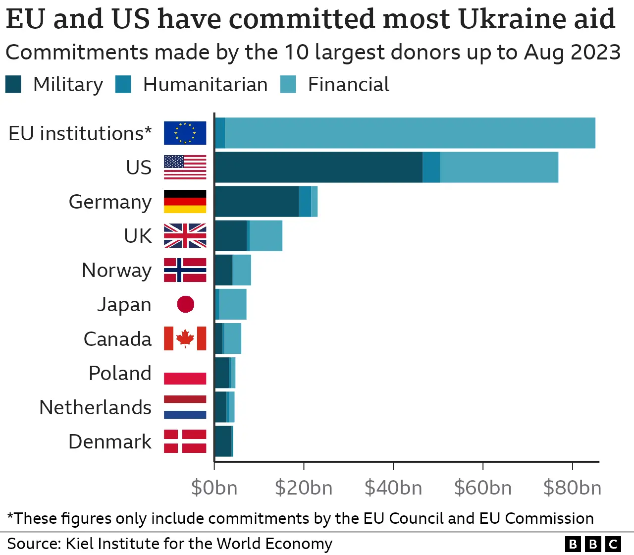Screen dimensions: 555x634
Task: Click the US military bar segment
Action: click(318, 167)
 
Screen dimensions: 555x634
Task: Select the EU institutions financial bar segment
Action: click(410, 133)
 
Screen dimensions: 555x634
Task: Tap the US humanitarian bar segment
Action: click(431, 167)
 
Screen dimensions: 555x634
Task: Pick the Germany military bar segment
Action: click(257, 201)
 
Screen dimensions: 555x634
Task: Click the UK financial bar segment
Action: click(266, 235)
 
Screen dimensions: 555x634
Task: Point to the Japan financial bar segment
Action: click(232, 304)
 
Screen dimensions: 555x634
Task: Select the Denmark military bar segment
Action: click(223, 441)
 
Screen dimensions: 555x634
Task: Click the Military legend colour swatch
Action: click(13, 84)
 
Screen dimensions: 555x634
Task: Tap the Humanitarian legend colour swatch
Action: click(123, 84)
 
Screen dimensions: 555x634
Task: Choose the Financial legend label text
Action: click(348, 85)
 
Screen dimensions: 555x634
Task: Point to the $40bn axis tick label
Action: click(393, 488)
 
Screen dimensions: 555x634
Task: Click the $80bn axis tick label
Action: click(572, 488)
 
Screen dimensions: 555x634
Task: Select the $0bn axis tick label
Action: click(214, 488)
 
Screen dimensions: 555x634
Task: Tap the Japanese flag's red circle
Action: click(185, 304)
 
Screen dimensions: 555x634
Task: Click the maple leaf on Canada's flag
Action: click(185, 338)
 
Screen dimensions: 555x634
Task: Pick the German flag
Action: click(185, 201)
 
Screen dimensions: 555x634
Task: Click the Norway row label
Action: click(116, 271)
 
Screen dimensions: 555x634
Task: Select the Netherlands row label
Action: click(95, 407)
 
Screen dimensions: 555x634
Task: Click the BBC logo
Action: click(592, 544)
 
